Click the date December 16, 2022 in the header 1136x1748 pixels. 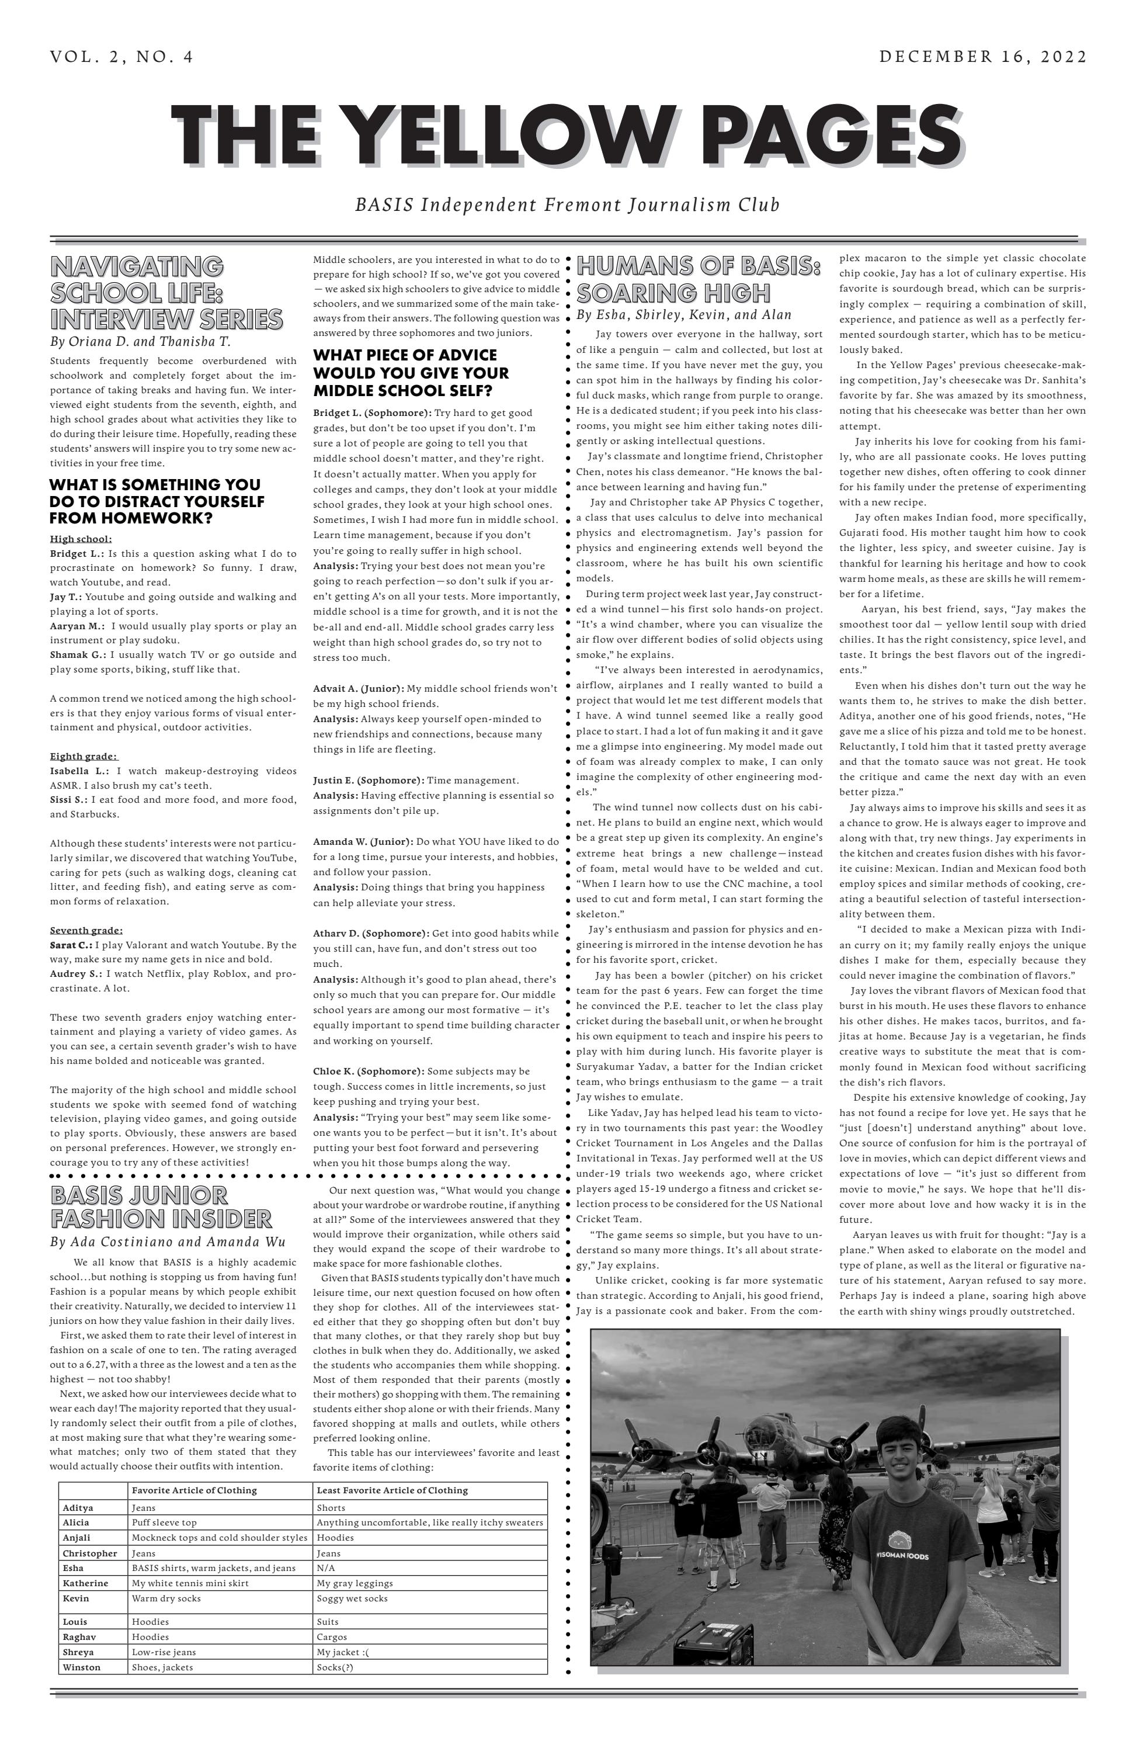tap(982, 57)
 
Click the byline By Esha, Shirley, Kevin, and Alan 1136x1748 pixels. tap(684, 315)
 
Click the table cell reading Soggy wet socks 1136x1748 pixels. tap(352, 1598)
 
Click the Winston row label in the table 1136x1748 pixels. tap(82, 1667)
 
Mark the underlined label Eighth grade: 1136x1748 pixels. tap(84, 757)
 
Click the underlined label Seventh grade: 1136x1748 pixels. tap(86, 931)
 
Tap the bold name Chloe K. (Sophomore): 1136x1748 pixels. tap(368, 1071)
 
